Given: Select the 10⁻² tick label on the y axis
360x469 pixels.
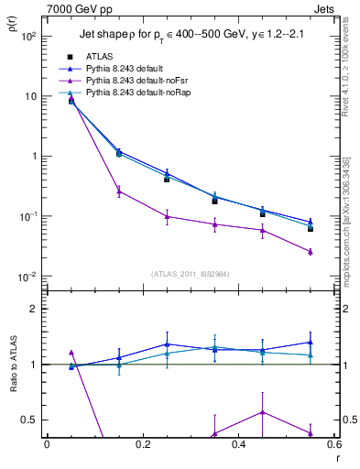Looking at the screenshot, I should click(28, 277).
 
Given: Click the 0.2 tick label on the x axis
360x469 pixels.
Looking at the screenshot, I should click(142, 444).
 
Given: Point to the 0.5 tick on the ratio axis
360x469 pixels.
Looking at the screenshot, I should click(29, 420).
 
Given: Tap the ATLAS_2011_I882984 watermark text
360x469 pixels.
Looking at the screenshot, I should click(190, 273).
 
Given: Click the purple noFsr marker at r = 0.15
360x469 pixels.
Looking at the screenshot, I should click(119, 191).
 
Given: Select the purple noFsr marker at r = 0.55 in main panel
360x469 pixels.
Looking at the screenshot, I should click(311, 251).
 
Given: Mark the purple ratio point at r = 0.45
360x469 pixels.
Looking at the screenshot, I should click(263, 412).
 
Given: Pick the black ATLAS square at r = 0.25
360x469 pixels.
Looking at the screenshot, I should click(167, 180).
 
